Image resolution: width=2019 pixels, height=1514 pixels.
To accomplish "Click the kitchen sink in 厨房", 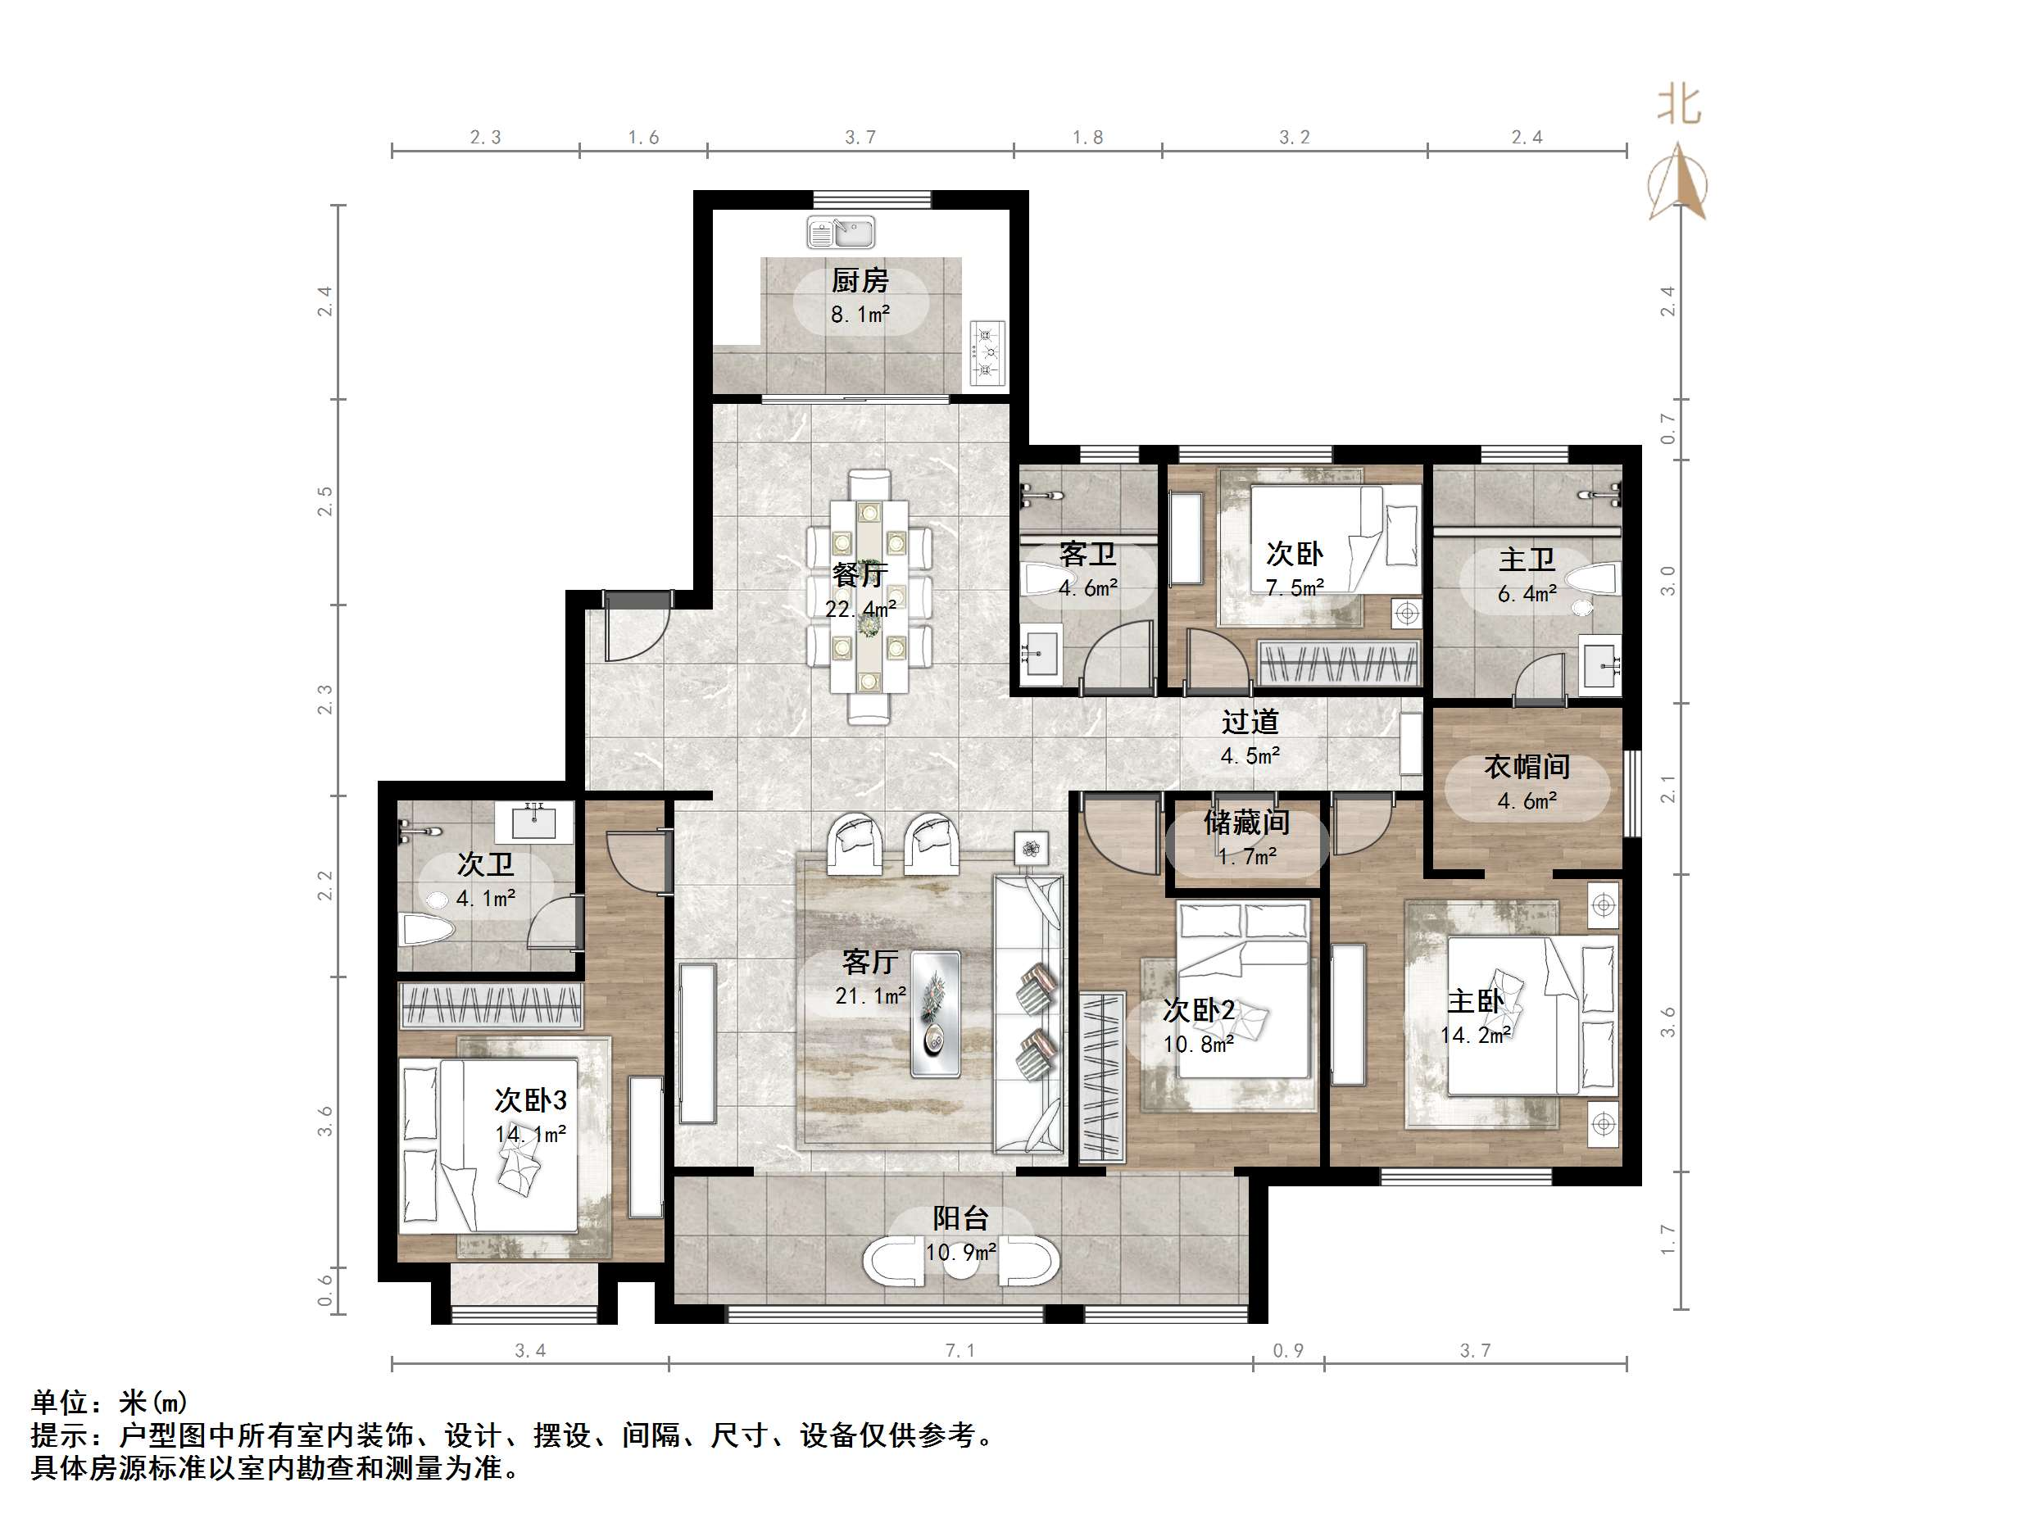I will pos(841,232).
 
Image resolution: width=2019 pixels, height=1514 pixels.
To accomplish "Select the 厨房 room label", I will pos(859,280).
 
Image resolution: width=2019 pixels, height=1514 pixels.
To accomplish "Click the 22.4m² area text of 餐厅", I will pos(860,608).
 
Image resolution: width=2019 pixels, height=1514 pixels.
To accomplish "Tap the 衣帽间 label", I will pos(1526,767).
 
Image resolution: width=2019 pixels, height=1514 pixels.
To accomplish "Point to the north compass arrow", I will pos(1676,183).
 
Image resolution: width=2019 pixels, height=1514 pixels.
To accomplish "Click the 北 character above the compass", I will pos(1679,106).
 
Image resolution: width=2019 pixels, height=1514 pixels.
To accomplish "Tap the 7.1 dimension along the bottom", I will pos(960,1349).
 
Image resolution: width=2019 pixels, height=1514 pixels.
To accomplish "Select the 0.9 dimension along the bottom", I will pos(1288,1349).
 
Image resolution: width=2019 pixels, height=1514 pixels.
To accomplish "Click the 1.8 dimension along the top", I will pos(1087,137).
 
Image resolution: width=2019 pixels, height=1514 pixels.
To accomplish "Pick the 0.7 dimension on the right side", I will pos(1667,429).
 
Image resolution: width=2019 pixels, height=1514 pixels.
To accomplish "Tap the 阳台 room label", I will pos(960,1218).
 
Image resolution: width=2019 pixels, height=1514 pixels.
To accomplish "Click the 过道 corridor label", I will pos(1250,723).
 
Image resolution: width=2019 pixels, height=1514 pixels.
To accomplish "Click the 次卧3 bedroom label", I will pos(530,1099).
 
